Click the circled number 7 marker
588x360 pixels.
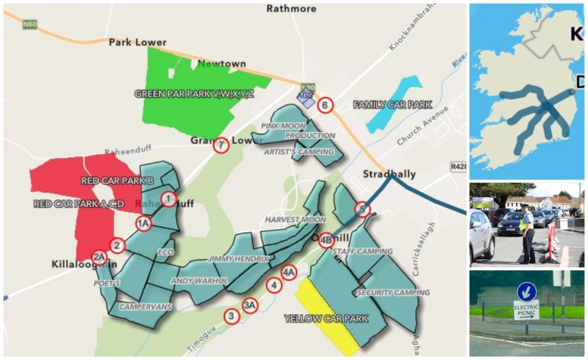coord(220,145)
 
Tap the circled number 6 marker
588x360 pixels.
coord(325,105)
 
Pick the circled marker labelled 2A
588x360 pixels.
coord(99,257)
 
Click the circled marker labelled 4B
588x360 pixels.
coord(326,238)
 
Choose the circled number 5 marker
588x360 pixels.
coord(361,209)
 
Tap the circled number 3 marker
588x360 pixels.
coord(232,317)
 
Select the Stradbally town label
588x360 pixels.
coord(389,174)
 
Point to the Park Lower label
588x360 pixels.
coord(135,43)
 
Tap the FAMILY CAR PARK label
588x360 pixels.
coord(392,105)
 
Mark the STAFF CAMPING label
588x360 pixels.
coord(362,251)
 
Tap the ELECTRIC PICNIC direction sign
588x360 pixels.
coord(526,311)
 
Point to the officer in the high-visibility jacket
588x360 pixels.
coord(528,233)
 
